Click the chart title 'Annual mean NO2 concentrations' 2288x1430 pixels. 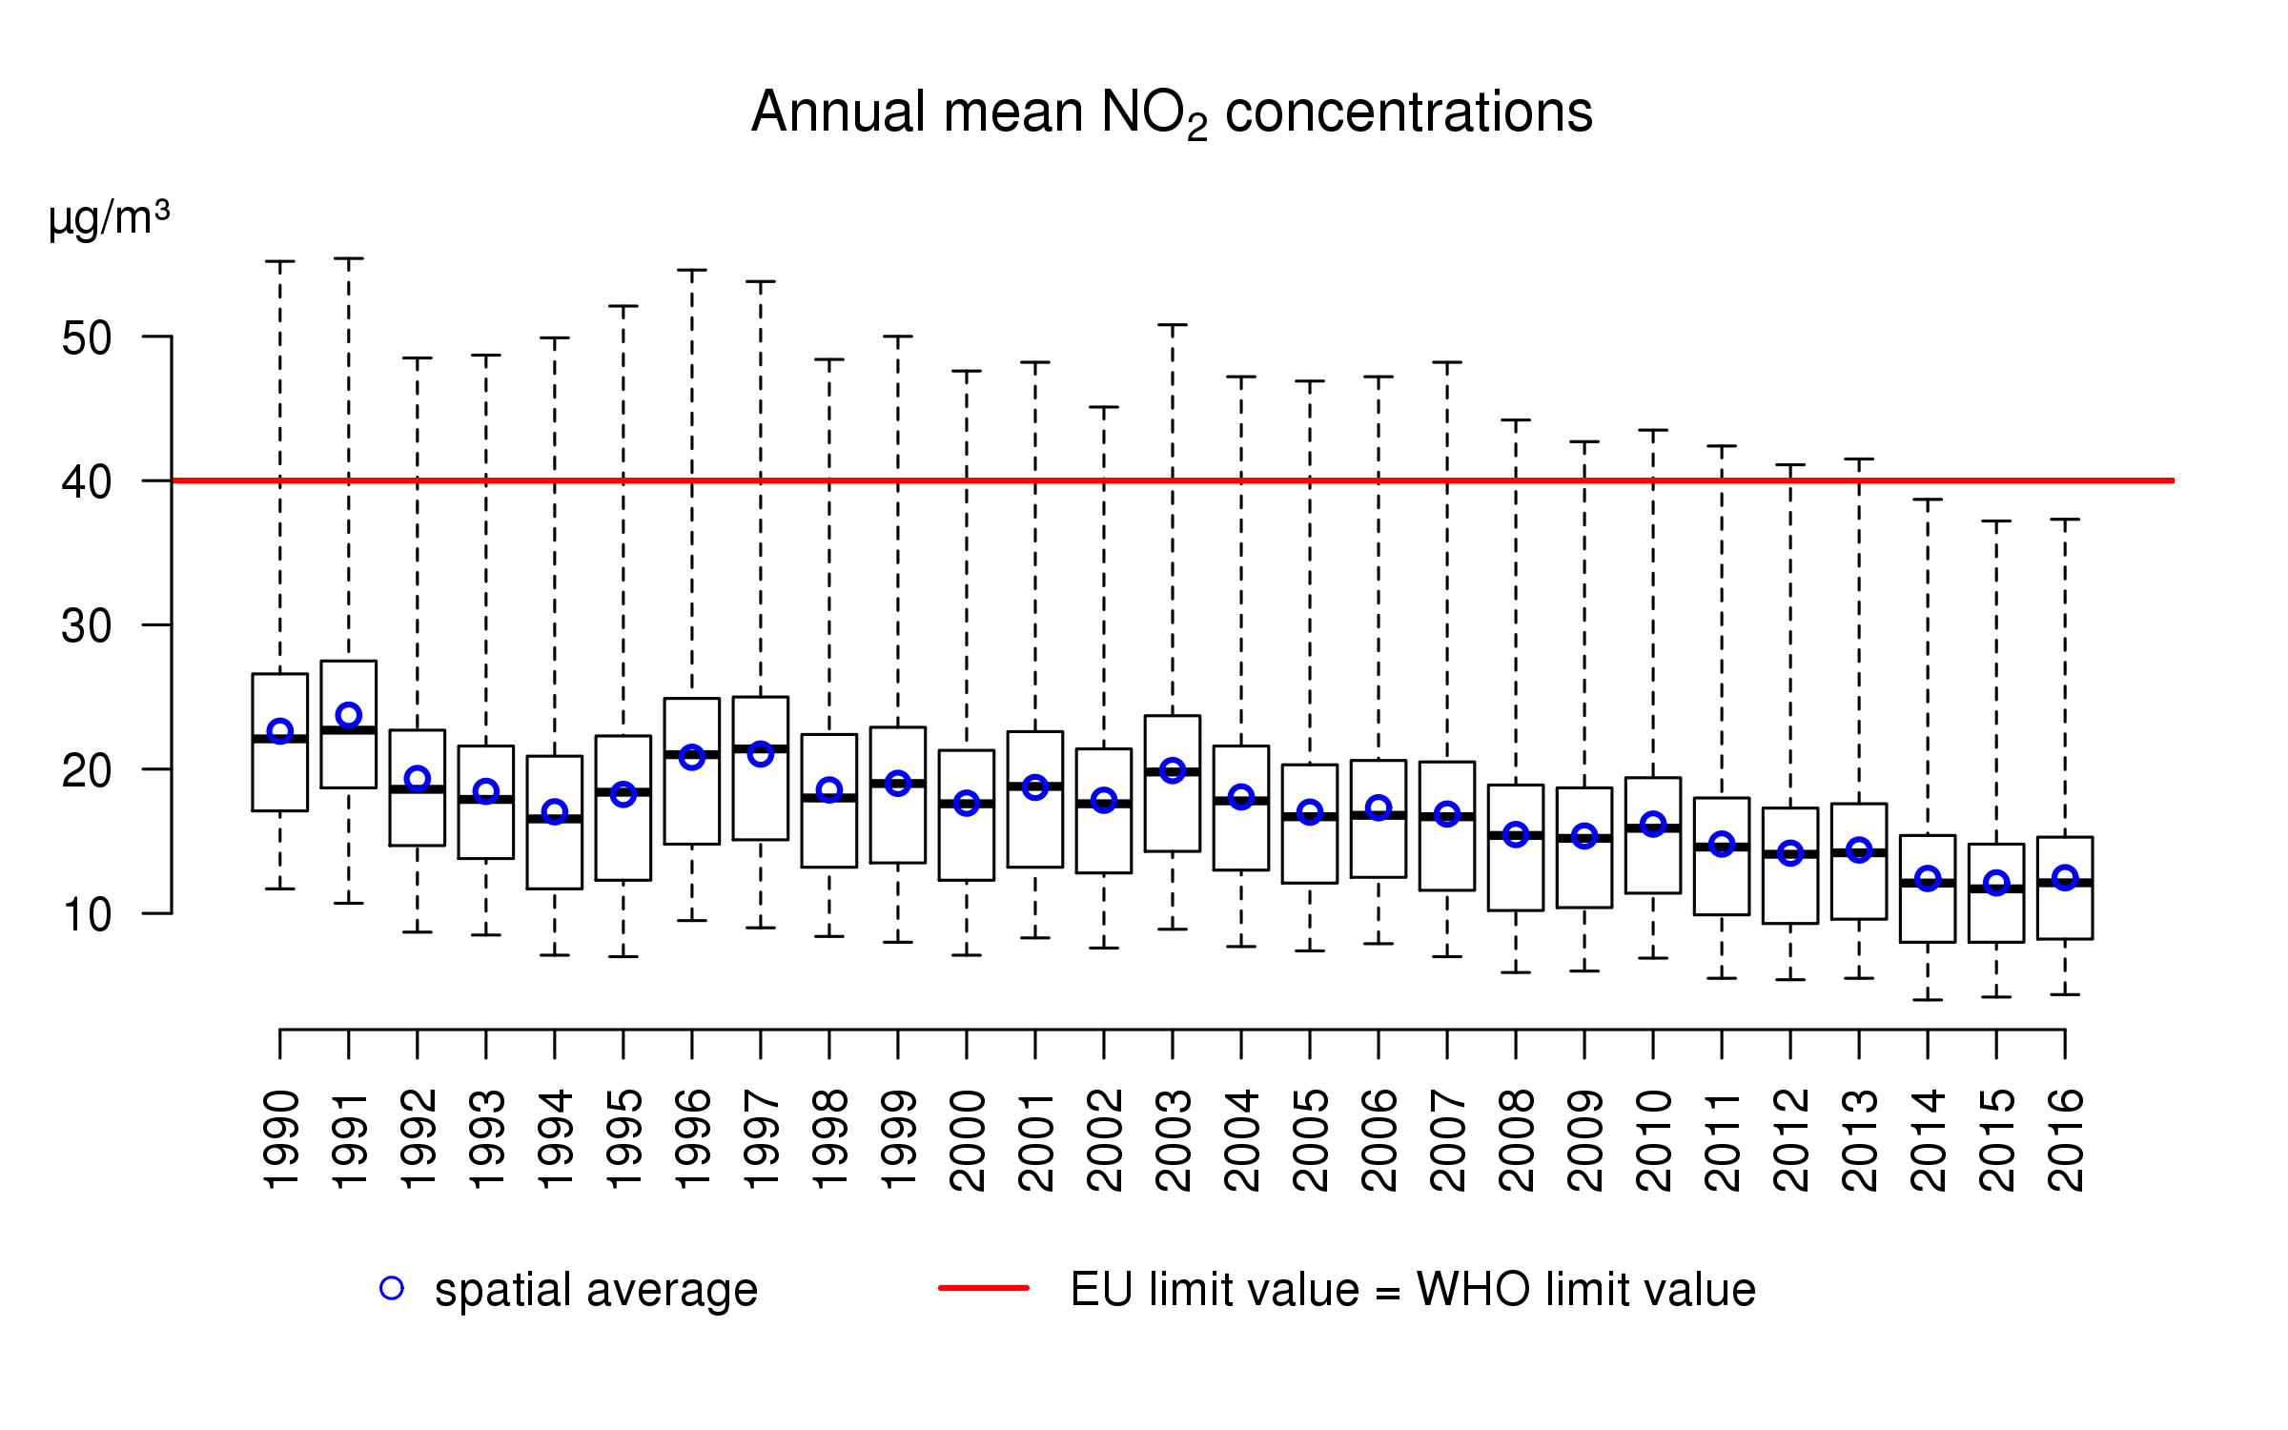[x=1172, y=112]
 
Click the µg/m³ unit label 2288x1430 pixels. [x=109, y=218]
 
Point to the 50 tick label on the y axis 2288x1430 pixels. [x=87, y=338]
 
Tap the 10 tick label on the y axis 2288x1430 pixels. [x=87, y=915]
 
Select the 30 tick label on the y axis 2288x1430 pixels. [x=87, y=627]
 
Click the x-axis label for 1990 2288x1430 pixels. [x=281, y=1140]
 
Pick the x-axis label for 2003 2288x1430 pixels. [x=1174, y=1140]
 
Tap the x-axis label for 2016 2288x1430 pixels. [x=2066, y=1140]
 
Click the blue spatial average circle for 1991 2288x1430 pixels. [x=349, y=715]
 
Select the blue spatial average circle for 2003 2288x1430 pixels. [x=1173, y=770]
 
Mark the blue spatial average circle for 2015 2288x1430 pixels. [x=1996, y=883]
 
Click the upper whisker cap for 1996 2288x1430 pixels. [x=692, y=271]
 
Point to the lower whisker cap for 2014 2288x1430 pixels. [x=1928, y=1000]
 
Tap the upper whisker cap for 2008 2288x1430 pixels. [x=1516, y=420]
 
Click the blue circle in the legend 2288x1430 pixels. [x=392, y=1289]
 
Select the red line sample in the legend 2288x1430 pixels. [x=984, y=1288]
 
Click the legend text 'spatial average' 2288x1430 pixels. [x=596, y=1291]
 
